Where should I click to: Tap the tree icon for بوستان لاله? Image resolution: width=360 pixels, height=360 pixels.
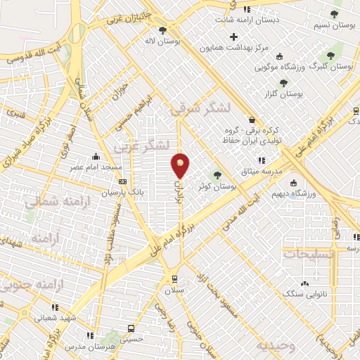coord(163,30)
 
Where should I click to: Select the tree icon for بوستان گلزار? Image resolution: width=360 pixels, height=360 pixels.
coord(283,83)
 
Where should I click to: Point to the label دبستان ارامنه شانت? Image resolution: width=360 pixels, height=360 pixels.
coord(265,20)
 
